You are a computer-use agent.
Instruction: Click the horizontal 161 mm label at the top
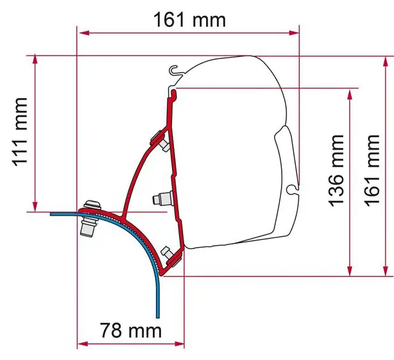pyautogui.click(x=189, y=20)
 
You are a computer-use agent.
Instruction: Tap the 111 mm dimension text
pyautogui.click(x=20, y=132)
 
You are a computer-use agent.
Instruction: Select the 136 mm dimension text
pyautogui.click(x=336, y=171)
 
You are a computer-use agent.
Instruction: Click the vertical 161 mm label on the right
pyautogui.click(x=372, y=171)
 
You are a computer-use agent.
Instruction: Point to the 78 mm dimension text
pyautogui.click(x=131, y=330)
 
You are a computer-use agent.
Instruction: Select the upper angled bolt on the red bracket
pyautogui.click(x=160, y=141)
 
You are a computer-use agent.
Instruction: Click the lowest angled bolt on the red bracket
pyautogui.click(x=171, y=256)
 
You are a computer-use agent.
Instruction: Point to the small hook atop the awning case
pyautogui.click(x=174, y=70)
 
